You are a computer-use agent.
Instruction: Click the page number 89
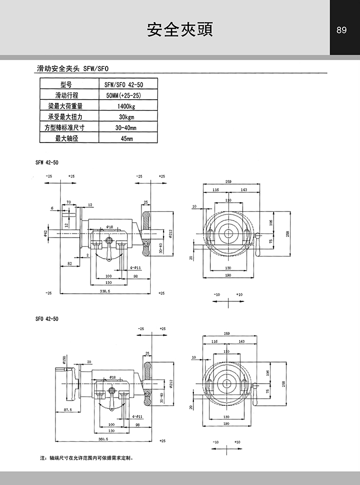[x=341, y=30]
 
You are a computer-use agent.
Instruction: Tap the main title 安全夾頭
[x=179, y=30]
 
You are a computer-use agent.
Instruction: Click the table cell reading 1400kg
[x=127, y=106]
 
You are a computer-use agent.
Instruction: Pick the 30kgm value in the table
[x=127, y=117]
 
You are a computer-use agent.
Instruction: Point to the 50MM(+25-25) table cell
[x=127, y=96]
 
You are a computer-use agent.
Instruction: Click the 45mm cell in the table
[x=127, y=139]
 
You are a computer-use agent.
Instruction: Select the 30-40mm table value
[x=127, y=128]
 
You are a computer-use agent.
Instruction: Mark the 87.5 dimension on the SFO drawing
[x=66, y=409]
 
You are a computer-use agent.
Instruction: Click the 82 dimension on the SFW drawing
[x=69, y=264]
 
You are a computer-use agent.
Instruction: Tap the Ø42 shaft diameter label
[x=45, y=233]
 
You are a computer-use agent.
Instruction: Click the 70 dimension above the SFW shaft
[x=68, y=202]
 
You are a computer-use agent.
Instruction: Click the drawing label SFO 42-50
[x=47, y=319]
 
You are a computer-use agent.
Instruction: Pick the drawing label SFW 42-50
[x=47, y=162]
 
